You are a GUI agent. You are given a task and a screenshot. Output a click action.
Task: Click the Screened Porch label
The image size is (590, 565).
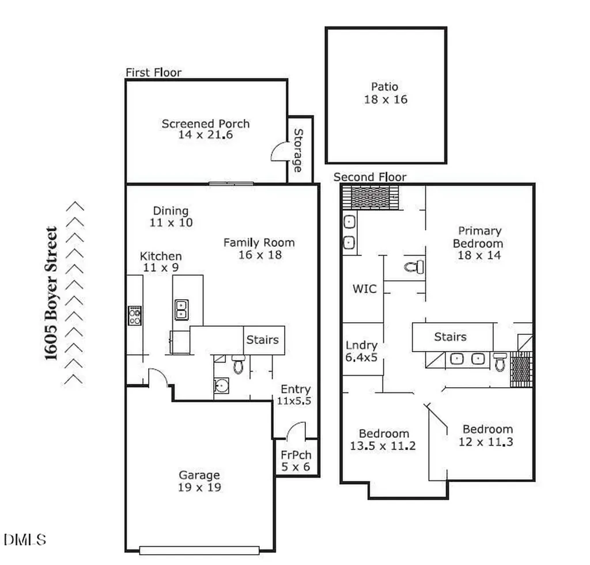(206, 123)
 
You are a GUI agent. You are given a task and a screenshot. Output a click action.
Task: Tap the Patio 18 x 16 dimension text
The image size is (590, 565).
(385, 99)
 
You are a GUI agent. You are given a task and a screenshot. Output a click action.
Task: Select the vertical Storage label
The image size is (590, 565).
(298, 150)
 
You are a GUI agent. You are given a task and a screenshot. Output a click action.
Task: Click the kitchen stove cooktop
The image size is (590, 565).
(135, 315)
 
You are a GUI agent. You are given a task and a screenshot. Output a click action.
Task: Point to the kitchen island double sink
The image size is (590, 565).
(181, 310)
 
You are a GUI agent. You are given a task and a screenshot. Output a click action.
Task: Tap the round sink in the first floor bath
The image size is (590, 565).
(221, 385)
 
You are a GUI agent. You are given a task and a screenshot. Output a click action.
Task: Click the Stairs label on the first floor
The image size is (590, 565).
(263, 339)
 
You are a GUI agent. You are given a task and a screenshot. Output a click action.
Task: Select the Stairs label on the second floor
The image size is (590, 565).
(451, 337)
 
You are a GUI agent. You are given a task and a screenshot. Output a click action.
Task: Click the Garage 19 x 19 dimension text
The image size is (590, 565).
(199, 487)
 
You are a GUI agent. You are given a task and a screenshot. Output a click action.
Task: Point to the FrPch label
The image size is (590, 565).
(296, 455)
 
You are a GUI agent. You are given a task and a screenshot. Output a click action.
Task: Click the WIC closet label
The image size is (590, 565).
(365, 288)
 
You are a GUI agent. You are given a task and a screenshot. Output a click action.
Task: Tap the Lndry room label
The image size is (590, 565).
(361, 345)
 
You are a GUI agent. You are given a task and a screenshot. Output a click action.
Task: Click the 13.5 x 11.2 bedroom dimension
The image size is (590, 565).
(383, 446)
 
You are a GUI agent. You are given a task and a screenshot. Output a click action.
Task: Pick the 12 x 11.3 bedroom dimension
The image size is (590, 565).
(486, 442)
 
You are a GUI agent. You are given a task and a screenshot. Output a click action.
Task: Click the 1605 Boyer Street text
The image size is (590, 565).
(51, 293)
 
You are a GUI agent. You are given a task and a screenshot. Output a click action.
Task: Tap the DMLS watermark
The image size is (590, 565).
(25, 540)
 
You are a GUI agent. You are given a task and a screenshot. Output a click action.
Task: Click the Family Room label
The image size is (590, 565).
(259, 242)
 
